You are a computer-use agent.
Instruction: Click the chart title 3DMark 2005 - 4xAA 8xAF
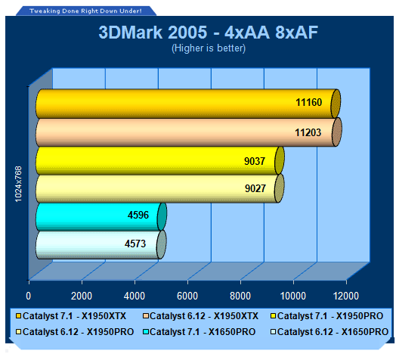pyautogui.click(x=208, y=33)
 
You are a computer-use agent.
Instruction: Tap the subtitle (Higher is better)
pyautogui.click(x=209, y=48)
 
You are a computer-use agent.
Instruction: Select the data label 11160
pyautogui.click(x=308, y=102)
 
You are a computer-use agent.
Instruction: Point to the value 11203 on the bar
pyautogui.click(x=308, y=132)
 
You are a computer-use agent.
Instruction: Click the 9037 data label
pyautogui.click(x=255, y=161)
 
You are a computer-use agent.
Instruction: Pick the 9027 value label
pyautogui.click(x=255, y=188)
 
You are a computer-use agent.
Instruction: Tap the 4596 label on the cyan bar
pyautogui.click(x=138, y=215)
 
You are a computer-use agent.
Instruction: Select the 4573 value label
pyautogui.click(x=135, y=244)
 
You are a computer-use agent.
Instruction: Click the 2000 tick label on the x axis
pyautogui.click(x=82, y=296)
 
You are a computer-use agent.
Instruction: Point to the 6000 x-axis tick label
pyautogui.click(x=187, y=296)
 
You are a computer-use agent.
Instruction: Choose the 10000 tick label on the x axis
pyautogui.click(x=293, y=296)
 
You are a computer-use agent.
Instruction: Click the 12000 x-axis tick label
pyautogui.click(x=346, y=296)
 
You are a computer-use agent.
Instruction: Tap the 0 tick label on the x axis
pyautogui.click(x=29, y=296)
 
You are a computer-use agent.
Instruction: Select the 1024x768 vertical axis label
pyautogui.click(x=19, y=184)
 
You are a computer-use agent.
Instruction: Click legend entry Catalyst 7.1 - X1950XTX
pyautogui.click(x=71, y=316)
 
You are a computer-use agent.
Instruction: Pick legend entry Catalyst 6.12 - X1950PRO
pyautogui.click(x=75, y=332)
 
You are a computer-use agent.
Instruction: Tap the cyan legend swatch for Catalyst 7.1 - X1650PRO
pyautogui.click(x=146, y=332)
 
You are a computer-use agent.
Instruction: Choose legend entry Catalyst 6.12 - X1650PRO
pyautogui.click(x=329, y=332)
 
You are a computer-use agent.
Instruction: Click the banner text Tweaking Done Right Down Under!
pyautogui.click(x=85, y=11)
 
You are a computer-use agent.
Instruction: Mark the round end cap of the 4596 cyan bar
pyautogui.click(x=162, y=216)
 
